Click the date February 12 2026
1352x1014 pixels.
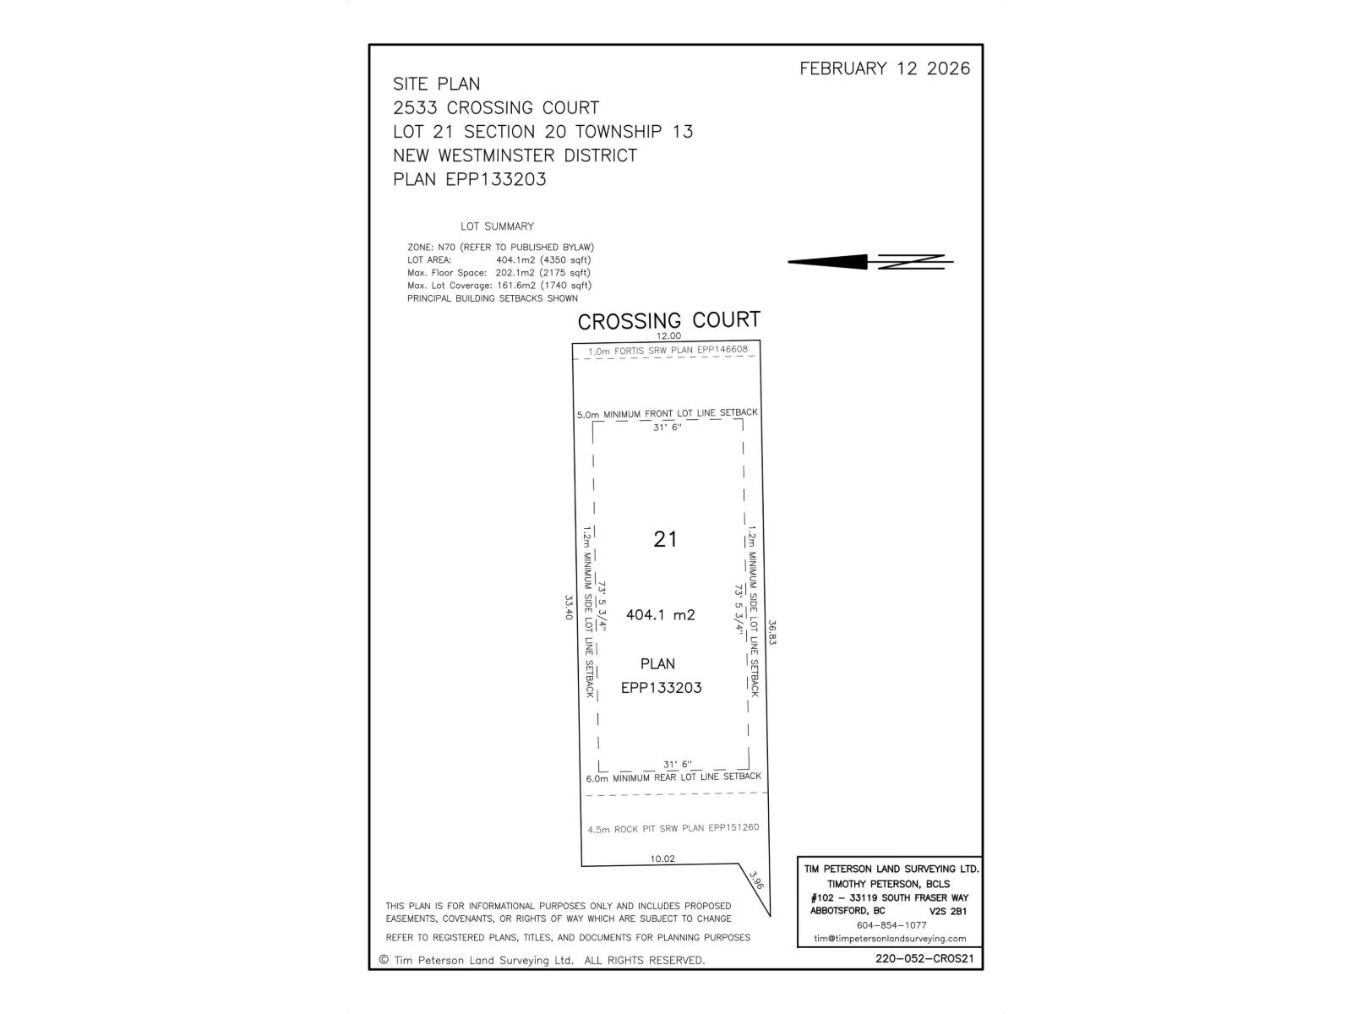point(885,68)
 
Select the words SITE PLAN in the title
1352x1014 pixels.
point(436,84)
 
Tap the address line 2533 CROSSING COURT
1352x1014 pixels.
point(496,108)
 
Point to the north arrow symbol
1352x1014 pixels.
point(870,262)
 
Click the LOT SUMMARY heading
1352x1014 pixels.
point(497,226)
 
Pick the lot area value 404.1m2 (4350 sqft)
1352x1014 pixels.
point(543,259)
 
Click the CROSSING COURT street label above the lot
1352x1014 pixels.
point(669,320)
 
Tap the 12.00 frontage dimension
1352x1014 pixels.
point(669,335)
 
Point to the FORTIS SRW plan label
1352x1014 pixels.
point(668,351)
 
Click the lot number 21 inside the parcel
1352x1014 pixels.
point(665,539)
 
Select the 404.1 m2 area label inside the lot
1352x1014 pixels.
point(660,614)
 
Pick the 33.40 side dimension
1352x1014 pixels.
point(570,607)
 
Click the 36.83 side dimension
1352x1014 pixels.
point(771,632)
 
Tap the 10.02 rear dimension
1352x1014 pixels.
point(662,859)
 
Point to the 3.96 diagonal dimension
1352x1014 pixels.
point(755,880)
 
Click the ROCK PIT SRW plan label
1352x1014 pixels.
point(673,829)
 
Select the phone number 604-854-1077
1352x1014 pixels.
point(891,925)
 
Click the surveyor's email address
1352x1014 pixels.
point(890,939)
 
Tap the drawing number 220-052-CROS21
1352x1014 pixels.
point(924,958)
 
